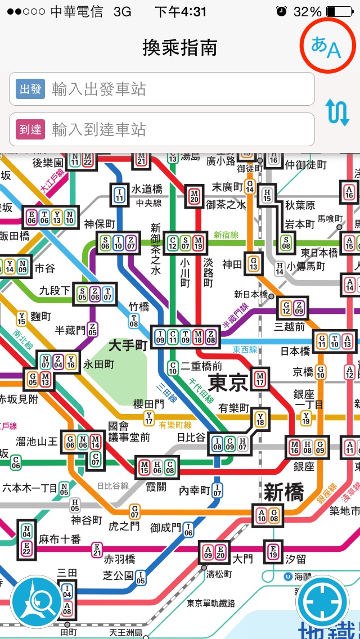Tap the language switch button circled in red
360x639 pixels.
pos(327,46)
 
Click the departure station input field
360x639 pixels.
pos(162,89)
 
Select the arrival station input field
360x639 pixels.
pos(162,130)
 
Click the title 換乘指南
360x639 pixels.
pos(180,48)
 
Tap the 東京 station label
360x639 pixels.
pos(228,383)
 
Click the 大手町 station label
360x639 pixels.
pos(128,345)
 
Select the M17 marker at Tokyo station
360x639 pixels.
pos(260,377)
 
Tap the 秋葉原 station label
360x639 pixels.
pos(300,205)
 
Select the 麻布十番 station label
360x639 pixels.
pos(60,539)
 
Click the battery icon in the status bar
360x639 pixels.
pos(338,11)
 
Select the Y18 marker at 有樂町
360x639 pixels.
pos(260,418)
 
